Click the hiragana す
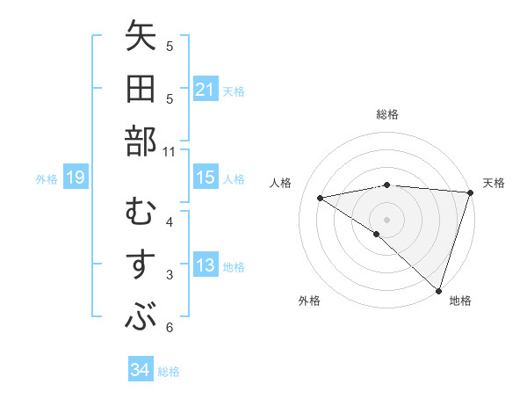pyautogui.click(x=141, y=264)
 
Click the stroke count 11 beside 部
pyautogui.click(x=170, y=152)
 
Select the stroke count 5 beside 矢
pyautogui.click(x=170, y=47)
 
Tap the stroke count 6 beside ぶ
pyautogui.click(x=170, y=329)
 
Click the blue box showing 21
pyautogui.click(x=205, y=90)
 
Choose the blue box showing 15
pyautogui.click(x=205, y=178)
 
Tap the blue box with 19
pyautogui.click(x=75, y=178)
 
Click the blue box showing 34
pyautogui.click(x=140, y=370)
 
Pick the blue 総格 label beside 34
pyautogui.click(x=169, y=371)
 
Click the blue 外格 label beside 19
pyautogui.click(x=47, y=179)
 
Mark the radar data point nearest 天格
pyautogui.click(x=470, y=192)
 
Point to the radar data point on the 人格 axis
pyautogui.click(x=321, y=199)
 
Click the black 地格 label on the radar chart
pyautogui.click(x=460, y=301)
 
